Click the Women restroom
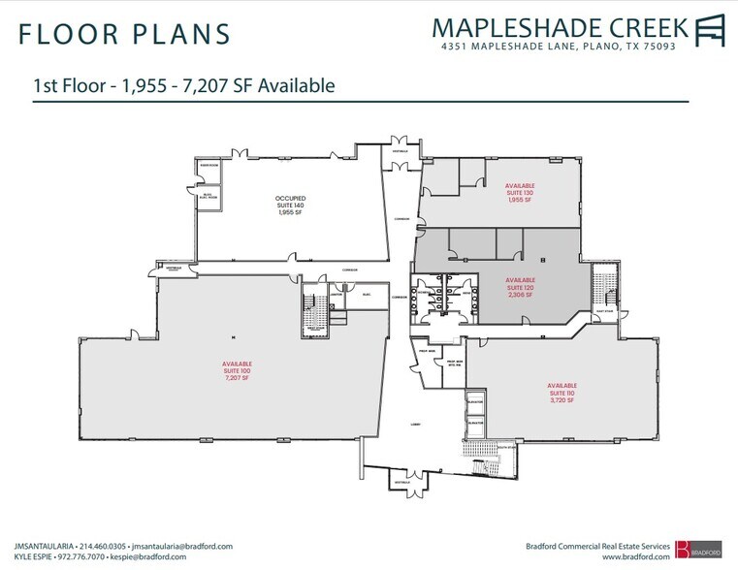(x=465, y=297)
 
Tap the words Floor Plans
(x=123, y=33)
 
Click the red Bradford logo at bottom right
(x=700, y=551)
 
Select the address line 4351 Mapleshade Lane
(x=558, y=46)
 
